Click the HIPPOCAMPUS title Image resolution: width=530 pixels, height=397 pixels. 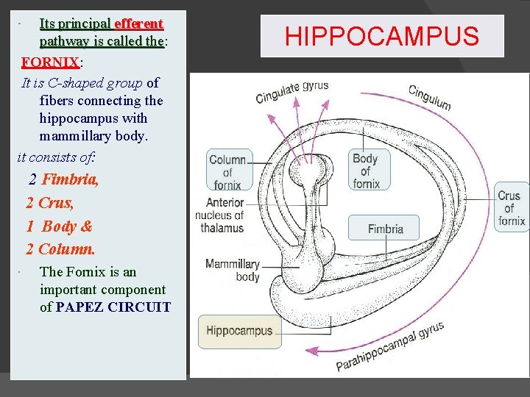381,36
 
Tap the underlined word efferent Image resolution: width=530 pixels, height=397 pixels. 138,24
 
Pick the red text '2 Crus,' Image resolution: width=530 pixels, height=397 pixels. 50,202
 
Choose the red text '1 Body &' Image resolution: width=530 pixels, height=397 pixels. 59,226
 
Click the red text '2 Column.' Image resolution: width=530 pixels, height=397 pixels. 60,249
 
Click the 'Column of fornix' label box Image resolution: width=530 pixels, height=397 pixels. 228,170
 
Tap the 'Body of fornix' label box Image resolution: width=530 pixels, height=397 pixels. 365,170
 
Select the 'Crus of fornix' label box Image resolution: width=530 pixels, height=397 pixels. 510,208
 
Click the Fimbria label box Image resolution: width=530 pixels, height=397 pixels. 385,229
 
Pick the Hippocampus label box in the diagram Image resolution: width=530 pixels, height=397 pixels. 239,331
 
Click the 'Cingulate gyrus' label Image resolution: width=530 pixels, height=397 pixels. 291,92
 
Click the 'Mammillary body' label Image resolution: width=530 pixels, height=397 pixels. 232,270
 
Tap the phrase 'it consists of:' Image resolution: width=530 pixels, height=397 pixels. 60,156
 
